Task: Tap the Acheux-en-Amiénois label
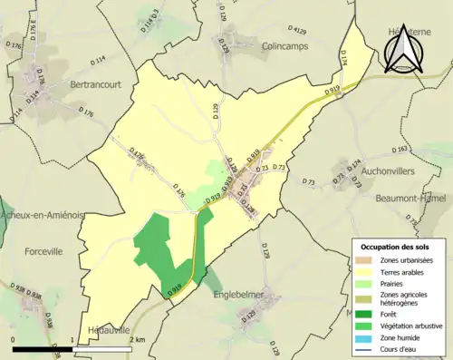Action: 42,216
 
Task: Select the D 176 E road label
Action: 28,36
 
